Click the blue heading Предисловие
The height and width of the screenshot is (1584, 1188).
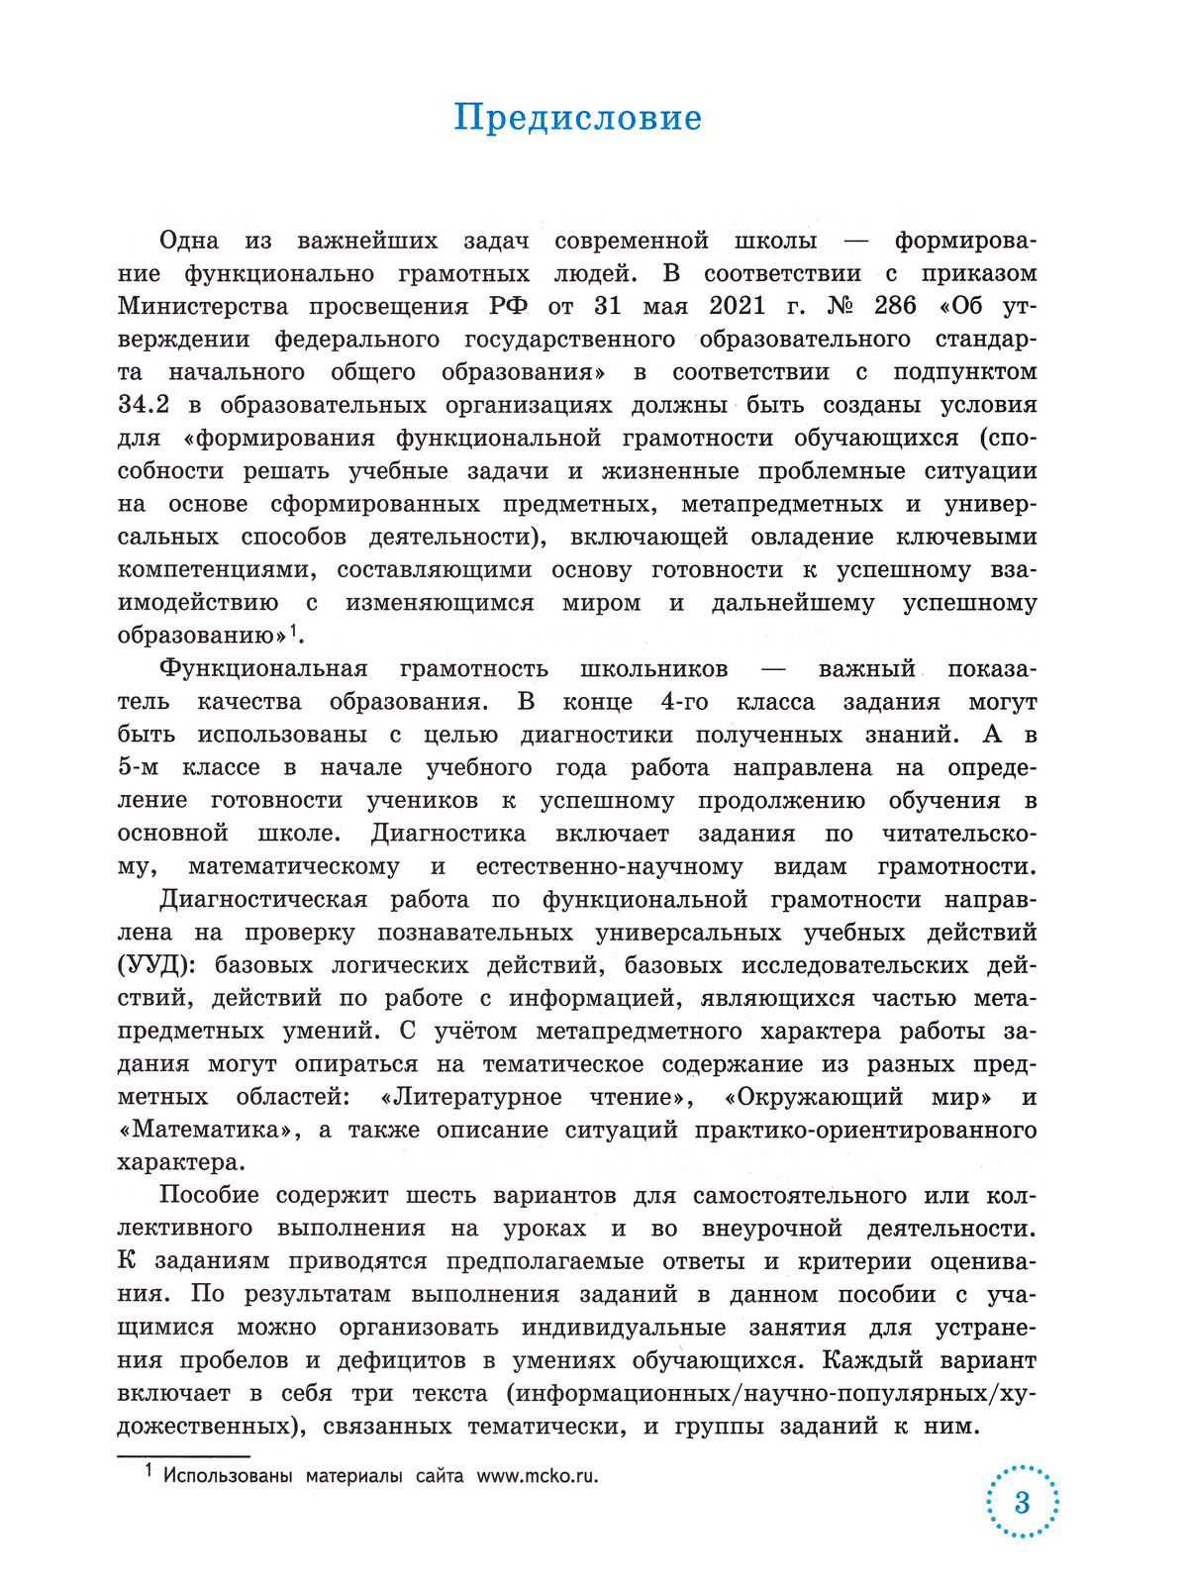(x=577, y=118)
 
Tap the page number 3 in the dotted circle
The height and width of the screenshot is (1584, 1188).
(x=1022, y=1503)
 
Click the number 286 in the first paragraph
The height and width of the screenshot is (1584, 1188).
(x=895, y=306)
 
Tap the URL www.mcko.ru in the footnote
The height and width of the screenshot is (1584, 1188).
(x=538, y=1476)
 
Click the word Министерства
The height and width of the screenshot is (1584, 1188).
(x=203, y=306)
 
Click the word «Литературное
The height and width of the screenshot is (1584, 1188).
(x=470, y=1097)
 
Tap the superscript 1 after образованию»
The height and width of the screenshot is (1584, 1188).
(x=296, y=630)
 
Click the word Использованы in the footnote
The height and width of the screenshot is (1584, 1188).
(x=228, y=1476)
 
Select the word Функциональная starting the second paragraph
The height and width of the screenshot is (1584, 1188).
(x=263, y=669)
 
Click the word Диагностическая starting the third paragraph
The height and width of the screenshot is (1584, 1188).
(x=263, y=900)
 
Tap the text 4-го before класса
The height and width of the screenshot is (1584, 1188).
(x=684, y=702)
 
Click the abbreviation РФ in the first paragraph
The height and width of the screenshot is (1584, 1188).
(x=508, y=306)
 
